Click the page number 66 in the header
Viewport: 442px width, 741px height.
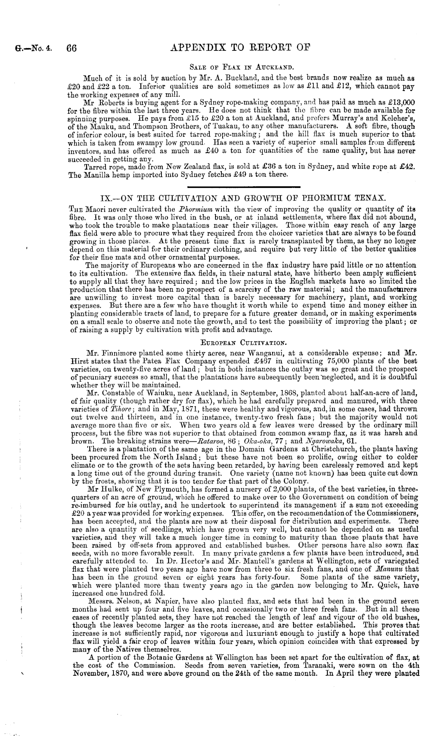coord(71,48)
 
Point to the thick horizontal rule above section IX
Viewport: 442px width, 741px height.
coord(243,186)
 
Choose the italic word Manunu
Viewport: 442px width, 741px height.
coord(398,568)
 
